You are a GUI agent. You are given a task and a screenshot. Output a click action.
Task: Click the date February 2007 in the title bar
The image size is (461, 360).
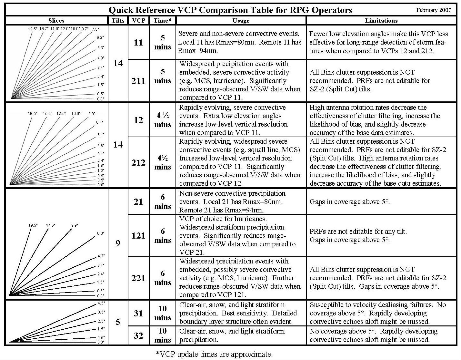(434, 10)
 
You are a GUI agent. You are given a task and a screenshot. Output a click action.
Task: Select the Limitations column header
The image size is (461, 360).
(381, 21)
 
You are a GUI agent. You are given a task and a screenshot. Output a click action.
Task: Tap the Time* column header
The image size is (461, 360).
(163, 21)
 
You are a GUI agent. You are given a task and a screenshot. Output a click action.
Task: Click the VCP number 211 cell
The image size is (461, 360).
(138, 81)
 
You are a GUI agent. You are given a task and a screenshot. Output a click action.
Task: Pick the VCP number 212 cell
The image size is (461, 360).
(138, 162)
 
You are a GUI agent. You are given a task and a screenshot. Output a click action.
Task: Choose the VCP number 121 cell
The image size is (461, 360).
(138, 236)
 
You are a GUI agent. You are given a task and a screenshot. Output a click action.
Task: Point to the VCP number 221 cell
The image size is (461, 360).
(138, 278)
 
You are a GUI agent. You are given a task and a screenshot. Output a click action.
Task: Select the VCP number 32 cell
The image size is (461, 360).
(138, 336)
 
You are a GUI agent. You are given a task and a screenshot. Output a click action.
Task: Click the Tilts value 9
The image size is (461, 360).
(118, 243)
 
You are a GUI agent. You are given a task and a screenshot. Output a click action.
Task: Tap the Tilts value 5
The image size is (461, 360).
(118, 322)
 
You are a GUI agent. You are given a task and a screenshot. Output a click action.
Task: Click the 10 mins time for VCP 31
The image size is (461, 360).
(163, 313)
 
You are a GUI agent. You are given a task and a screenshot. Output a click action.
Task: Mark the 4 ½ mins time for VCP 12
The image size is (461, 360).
(163, 120)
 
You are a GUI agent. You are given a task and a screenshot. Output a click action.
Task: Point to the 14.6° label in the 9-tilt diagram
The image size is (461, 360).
(51, 225)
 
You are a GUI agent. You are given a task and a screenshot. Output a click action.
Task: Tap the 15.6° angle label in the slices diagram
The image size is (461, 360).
(47, 114)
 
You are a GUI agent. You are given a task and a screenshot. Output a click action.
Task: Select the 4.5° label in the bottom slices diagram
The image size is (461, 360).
(101, 303)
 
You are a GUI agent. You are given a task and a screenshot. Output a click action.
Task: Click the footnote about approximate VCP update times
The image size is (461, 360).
(214, 354)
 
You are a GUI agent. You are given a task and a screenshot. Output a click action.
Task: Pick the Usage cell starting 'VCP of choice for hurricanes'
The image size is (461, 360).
(241, 236)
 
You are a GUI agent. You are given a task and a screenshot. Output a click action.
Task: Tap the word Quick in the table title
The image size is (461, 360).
(121, 10)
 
